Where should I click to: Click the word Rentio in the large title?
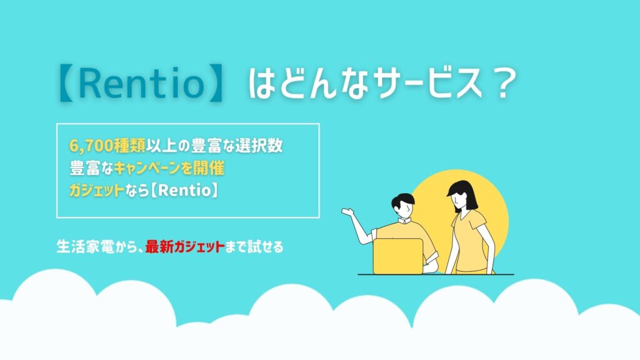[x=141, y=84]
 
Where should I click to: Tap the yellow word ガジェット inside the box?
[x=97, y=190]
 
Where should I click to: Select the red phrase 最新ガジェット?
[x=185, y=246]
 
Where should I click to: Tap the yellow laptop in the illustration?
[x=398, y=256]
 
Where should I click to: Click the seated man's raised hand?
[x=347, y=211]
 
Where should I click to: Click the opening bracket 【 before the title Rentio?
[x=66, y=84]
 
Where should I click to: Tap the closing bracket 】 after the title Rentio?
[x=215, y=84]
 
